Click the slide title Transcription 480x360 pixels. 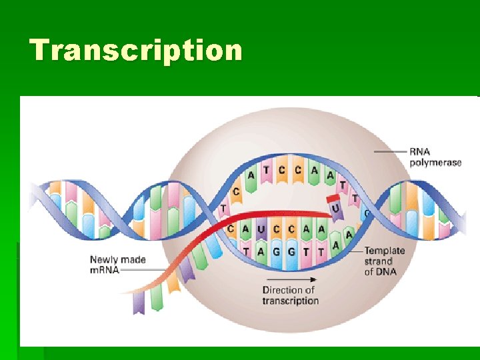click(136, 51)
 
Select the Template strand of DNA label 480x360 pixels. click(384, 261)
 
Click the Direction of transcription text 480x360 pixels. click(290, 295)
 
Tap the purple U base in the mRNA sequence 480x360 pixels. click(260, 229)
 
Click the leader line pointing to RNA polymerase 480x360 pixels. click(390, 152)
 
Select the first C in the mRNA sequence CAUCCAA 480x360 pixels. click(231, 229)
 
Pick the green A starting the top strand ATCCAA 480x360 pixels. click(251, 175)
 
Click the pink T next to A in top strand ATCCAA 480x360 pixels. click(266, 171)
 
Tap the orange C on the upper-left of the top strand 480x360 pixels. click(236, 191)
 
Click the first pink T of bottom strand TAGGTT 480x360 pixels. click(246, 251)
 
